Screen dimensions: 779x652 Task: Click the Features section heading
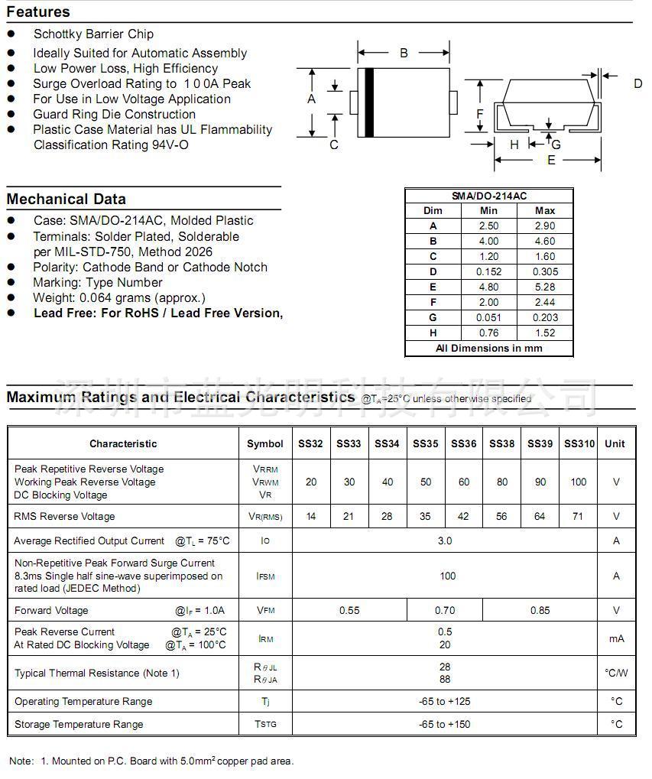38,12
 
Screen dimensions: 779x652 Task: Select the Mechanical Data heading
66,200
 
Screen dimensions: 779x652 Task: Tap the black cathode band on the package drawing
369,102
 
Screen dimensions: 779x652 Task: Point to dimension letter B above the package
404,53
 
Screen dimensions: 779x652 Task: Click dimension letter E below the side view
551,160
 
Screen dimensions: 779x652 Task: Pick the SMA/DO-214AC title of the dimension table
489,196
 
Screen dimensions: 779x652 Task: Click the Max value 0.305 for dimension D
545,271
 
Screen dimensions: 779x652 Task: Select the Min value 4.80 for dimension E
488,287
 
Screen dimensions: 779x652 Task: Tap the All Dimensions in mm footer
489,348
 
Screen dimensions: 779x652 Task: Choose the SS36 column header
463,443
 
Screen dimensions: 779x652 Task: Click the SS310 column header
579,443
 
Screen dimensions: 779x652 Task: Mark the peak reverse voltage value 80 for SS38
501,482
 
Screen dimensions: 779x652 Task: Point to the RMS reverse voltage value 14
311,516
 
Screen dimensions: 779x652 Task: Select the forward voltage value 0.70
445,610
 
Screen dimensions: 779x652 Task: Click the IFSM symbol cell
265,576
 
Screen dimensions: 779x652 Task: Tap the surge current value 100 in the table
448,576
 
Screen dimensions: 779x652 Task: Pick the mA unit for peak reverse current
616,638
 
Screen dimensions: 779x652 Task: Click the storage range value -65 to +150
445,724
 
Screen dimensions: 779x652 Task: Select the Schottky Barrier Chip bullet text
93,34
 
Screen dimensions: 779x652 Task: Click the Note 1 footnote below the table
151,761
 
